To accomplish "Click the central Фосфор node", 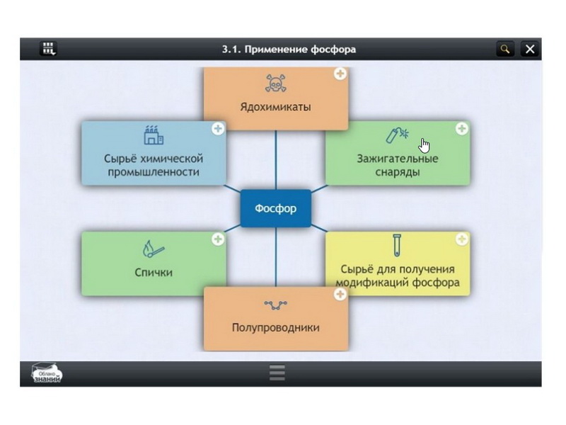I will (275, 209).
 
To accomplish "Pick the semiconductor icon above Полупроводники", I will (275, 305).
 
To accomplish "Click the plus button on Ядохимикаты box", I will (340, 74).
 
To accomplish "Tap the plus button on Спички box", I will (218, 239).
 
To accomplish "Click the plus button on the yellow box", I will (461, 239).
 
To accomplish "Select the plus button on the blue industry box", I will (218, 129).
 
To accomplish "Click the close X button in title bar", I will (530, 49).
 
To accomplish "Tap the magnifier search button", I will (505, 49).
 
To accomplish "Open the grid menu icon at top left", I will (49, 49).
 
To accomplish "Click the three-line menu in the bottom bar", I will (277, 373).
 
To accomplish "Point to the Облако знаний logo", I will (47, 373).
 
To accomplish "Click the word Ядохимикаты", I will (275, 108).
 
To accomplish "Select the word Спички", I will (154, 272).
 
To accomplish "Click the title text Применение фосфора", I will (289, 50).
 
